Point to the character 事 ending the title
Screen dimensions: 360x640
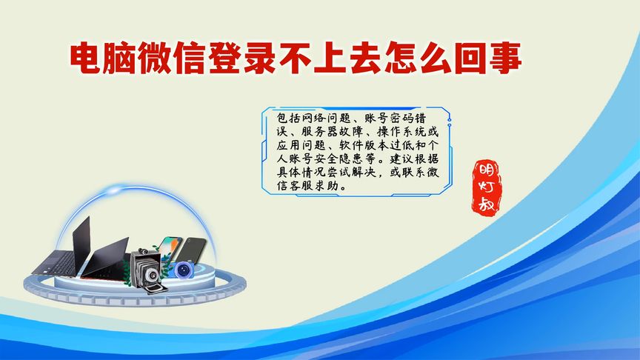tap(505, 58)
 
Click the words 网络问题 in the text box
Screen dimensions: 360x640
tap(324, 119)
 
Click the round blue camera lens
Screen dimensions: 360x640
tap(181, 270)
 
